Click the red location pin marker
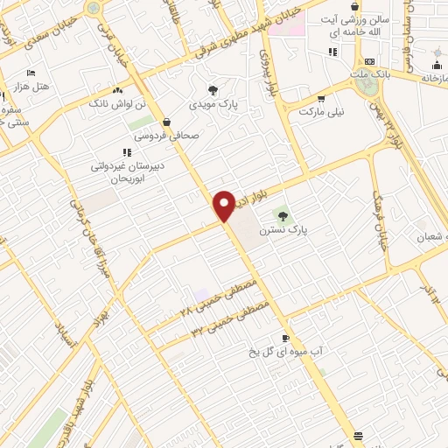pos(224,206)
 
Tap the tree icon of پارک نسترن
pos(282,213)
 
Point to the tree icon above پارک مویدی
pos(213,90)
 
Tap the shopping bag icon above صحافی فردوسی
pos(166,122)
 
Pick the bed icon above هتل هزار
pos(32,73)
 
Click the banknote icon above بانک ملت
pos(370,61)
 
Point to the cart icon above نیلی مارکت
pos(321,98)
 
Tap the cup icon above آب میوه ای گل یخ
pos(286,338)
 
